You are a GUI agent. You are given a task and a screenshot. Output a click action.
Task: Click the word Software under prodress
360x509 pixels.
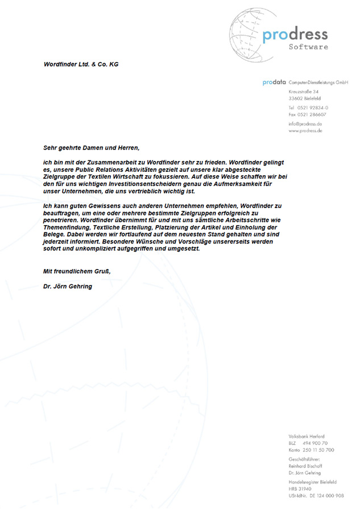(x=308, y=47)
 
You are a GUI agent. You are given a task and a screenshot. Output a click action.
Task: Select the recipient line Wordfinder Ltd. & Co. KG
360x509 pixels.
(x=81, y=64)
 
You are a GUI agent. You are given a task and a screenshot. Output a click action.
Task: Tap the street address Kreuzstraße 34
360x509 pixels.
(x=303, y=91)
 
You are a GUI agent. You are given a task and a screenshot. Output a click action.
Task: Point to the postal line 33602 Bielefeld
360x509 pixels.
(x=305, y=98)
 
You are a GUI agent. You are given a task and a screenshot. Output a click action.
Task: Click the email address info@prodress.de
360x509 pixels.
(x=305, y=123)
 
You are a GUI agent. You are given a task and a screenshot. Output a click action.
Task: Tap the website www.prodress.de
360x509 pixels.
(x=305, y=130)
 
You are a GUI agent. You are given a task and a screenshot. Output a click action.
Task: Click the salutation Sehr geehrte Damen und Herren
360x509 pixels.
(x=91, y=147)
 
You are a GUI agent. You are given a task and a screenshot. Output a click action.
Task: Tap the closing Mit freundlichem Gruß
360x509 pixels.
(x=77, y=271)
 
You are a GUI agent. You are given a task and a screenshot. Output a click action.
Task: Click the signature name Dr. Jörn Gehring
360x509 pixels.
(x=67, y=286)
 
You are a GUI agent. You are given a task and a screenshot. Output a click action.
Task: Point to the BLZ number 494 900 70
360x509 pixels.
(x=316, y=443)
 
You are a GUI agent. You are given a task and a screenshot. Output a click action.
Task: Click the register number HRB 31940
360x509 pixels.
(x=301, y=489)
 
